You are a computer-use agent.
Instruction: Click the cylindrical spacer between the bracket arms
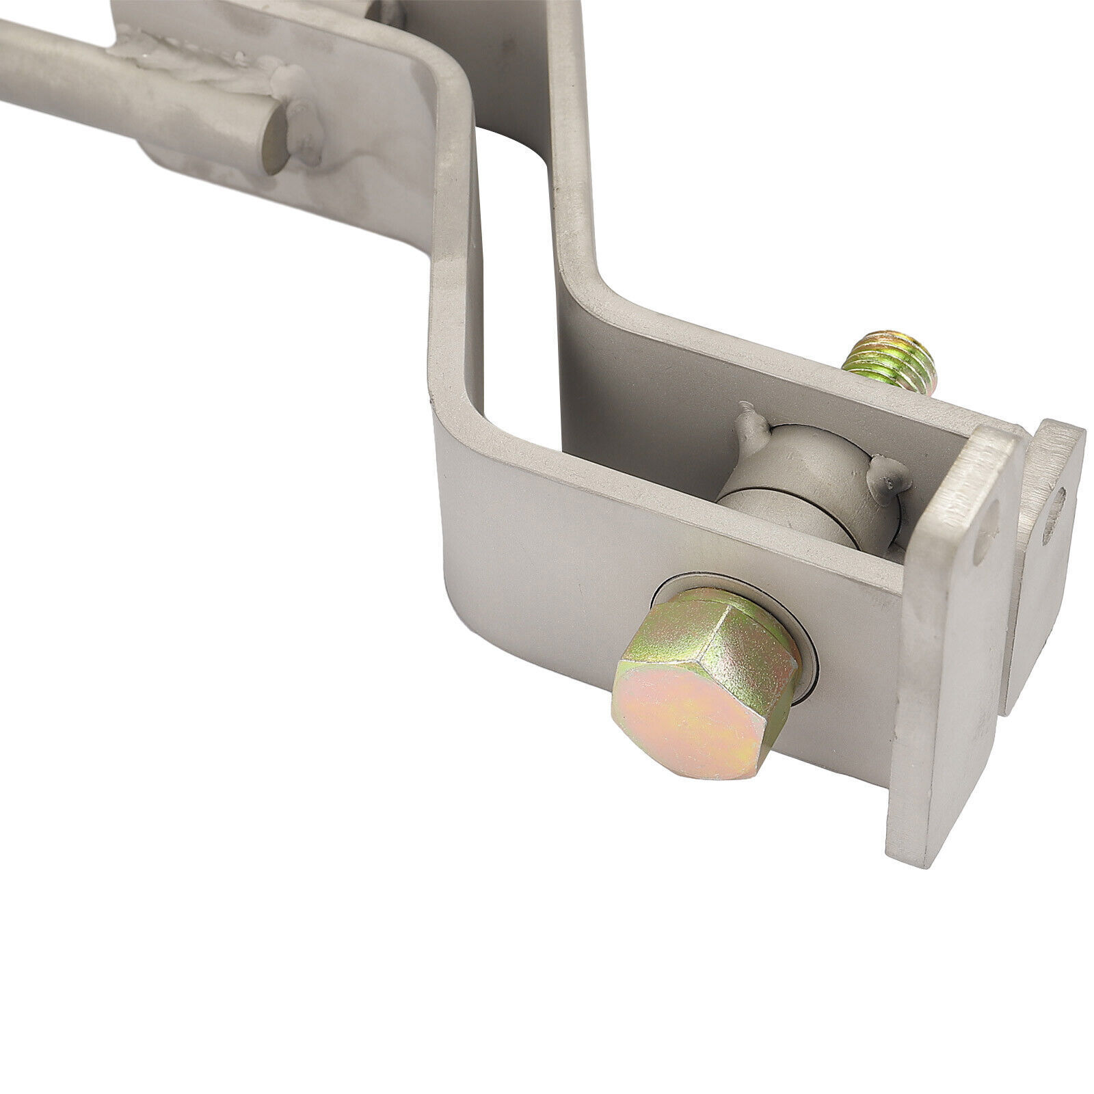[x=807, y=479]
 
